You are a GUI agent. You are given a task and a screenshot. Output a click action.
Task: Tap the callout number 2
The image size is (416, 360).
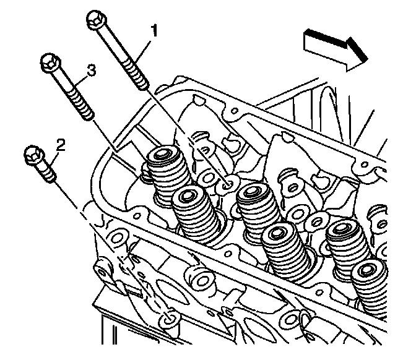(x=60, y=145)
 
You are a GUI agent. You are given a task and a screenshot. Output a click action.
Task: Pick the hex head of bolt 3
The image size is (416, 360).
(x=50, y=62)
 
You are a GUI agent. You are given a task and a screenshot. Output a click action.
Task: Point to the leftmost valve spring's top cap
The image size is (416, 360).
(x=164, y=154)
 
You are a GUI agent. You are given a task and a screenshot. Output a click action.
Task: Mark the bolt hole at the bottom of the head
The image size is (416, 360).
(x=168, y=320)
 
